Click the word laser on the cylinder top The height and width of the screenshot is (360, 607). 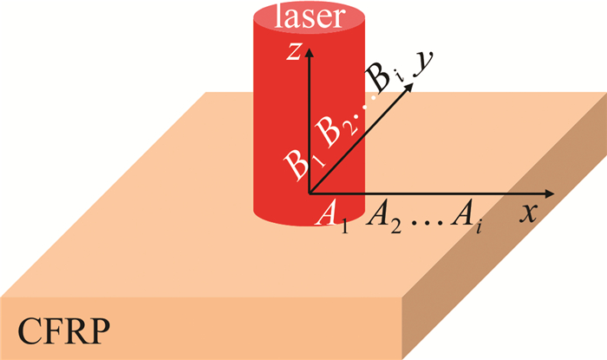[310, 17]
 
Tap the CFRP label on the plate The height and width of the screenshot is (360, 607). [64, 331]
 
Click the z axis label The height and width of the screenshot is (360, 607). [294, 51]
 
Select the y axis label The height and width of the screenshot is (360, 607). [423, 63]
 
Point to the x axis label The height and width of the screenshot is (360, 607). [528, 213]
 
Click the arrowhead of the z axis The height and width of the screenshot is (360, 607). [309, 52]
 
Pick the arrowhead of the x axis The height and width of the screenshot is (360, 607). [549, 193]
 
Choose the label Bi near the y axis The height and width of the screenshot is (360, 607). [383, 76]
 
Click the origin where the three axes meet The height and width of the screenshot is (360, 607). [309, 193]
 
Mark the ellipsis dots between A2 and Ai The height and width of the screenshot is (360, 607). [426, 223]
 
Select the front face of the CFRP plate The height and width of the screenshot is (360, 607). [201, 328]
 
